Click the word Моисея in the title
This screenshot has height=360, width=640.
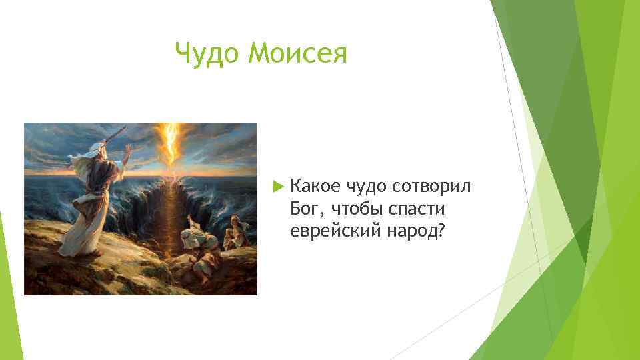click(x=297, y=53)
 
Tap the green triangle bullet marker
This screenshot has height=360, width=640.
click(x=279, y=187)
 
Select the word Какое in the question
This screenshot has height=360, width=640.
click(x=315, y=186)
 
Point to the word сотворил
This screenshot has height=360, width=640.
click(x=431, y=187)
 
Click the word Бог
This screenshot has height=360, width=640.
click(x=305, y=209)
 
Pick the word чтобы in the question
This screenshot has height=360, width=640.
click(x=357, y=209)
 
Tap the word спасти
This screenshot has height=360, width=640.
click(x=416, y=209)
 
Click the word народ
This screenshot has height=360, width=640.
click(x=411, y=231)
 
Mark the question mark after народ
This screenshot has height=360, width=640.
click(x=439, y=231)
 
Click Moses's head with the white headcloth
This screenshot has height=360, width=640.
click(x=97, y=151)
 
